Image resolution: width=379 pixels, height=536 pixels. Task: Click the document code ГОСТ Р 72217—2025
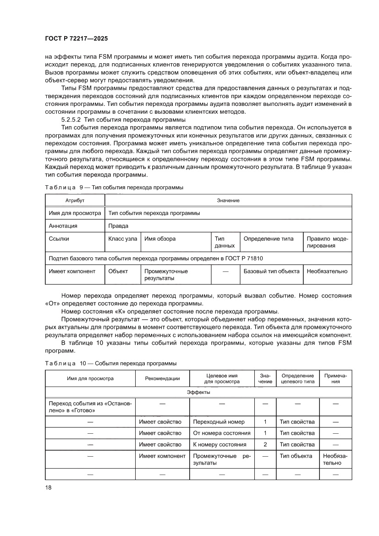pyautogui.click(x=77, y=39)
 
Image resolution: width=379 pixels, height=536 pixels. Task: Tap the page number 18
pyautogui.click(x=49, y=487)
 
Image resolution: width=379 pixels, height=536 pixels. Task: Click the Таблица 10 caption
pyautogui.click(x=110, y=363)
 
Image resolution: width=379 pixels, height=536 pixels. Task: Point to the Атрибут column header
pyautogui.click(x=75, y=200)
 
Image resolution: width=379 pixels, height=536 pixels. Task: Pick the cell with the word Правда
pyautogui.click(x=118, y=226)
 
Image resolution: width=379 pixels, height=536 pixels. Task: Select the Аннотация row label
pyautogui.click(x=63, y=226)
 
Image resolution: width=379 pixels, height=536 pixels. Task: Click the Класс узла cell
pyautogui.click(x=122, y=239)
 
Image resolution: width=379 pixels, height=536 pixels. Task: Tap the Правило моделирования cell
pyautogui.click(x=327, y=242)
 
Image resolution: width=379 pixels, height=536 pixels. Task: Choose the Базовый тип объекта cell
pyautogui.click(x=271, y=271)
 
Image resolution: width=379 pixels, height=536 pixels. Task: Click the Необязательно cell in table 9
pyautogui.click(x=327, y=271)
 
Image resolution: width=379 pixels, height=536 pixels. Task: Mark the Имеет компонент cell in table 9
pyautogui.click(x=72, y=271)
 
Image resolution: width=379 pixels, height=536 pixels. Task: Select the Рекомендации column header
pyautogui.click(x=162, y=378)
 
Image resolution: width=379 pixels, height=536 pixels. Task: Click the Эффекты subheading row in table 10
pyautogui.click(x=198, y=392)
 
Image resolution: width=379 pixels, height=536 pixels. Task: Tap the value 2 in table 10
pyautogui.click(x=265, y=444)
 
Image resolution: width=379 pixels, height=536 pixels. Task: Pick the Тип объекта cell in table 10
pyautogui.click(x=296, y=456)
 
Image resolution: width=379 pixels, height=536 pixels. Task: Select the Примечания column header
pyautogui.click(x=335, y=378)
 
